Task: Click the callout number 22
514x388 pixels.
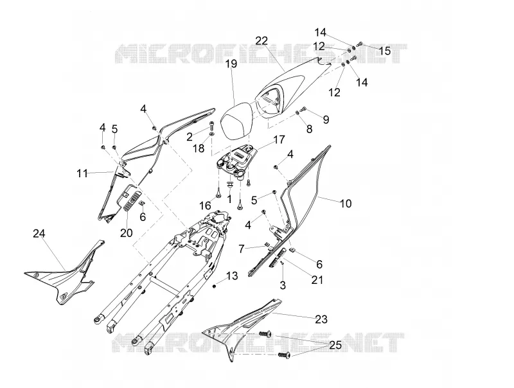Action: pyautogui.click(x=261, y=41)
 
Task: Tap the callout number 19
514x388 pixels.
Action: pyautogui.click(x=231, y=64)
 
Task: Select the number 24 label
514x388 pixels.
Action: pyautogui.click(x=39, y=234)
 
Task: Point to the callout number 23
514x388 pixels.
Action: pyautogui.click(x=321, y=319)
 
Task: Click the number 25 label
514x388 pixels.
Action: pyautogui.click(x=335, y=345)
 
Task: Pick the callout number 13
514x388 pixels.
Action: pyautogui.click(x=232, y=276)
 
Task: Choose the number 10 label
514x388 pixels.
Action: pyautogui.click(x=346, y=204)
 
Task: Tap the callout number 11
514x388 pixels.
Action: pyautogui.click(x=82, y=173)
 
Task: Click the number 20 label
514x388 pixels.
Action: pyautogui.click(x=126, y=233)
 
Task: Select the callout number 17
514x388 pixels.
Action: pyautogui.click(x=279, y=139)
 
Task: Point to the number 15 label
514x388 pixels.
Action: pyautogui.click(x=385, y=51)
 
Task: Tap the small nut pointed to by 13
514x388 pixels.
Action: pyautogui.click(x=215, y=287)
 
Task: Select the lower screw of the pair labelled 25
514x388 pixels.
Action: pyautogui.click(x=284, y=355)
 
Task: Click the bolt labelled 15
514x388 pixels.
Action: pyautogui.click(x=360, y=44)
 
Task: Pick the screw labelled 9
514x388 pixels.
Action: pyautogui.click(x=303, y=109)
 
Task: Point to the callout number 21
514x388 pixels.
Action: pyautogui.click(x=317, y=280)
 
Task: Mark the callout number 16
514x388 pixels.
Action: pyautogui.click(x=206, y=206)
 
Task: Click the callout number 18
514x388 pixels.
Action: pyautogui.click(x=199, y=148)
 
